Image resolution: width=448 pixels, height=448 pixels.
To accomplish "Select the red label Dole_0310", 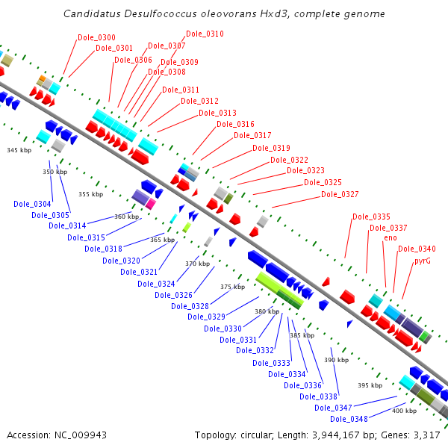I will point(205,34).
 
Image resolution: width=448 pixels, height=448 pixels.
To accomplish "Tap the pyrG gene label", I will point(422,261).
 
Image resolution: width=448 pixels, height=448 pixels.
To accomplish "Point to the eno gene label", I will point(391,237).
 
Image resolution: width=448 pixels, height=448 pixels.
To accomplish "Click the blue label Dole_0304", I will point(32,204).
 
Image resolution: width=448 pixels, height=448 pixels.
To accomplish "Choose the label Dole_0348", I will point(349,419).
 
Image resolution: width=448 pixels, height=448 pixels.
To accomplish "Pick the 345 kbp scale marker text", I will point(19,150).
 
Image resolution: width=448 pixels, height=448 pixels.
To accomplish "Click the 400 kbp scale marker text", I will point(405,411).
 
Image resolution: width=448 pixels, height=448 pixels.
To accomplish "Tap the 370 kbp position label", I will point(198,264).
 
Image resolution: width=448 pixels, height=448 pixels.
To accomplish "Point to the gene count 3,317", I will point(427,435).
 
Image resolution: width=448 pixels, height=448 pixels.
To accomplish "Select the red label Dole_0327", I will point(340,194).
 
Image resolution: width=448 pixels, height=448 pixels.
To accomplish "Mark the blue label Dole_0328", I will point(190,305).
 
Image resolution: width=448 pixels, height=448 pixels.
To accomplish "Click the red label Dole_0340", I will point(417,249).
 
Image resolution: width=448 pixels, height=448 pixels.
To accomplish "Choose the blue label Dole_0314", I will point(68,225).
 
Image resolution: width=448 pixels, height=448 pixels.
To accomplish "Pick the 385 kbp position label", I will point(302,335).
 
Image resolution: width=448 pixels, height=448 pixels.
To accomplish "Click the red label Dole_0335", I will point(371,217).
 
